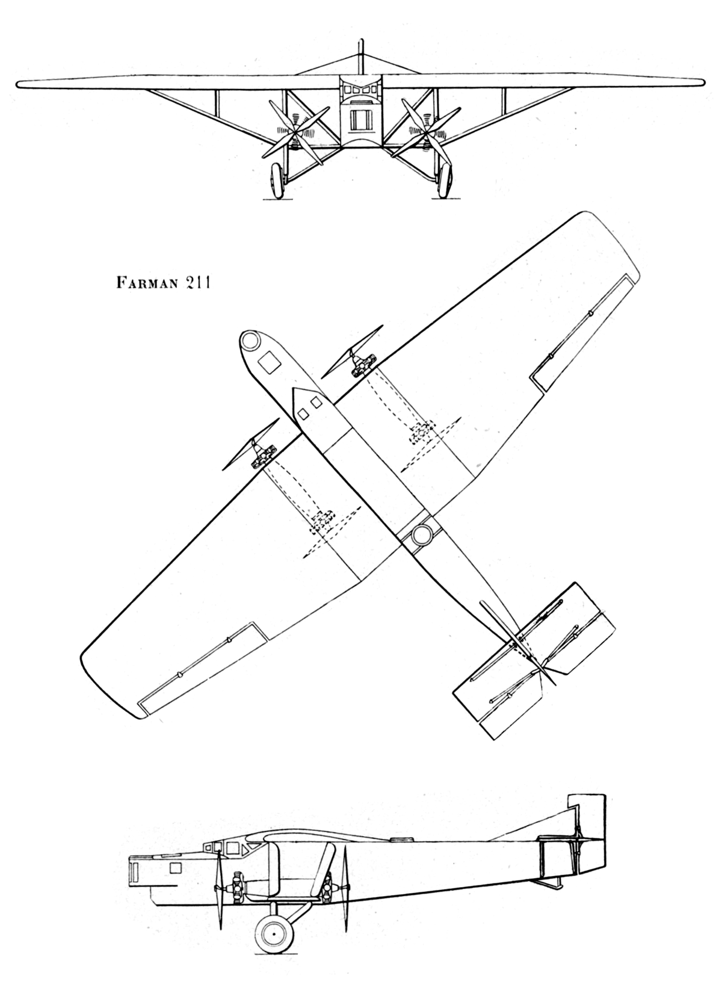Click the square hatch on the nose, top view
click(270, 363)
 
